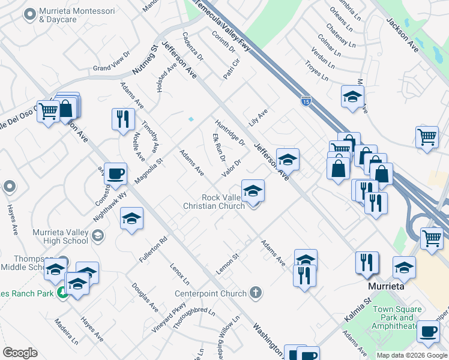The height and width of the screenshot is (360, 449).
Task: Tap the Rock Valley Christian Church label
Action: tap(214, 202)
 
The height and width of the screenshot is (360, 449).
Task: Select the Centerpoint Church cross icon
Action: tap(256, 293)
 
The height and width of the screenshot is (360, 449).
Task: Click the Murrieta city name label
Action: tap(385, 287)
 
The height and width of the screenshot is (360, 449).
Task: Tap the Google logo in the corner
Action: tap(20, 353)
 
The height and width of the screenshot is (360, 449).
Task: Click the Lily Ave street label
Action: tap(259, 114)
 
